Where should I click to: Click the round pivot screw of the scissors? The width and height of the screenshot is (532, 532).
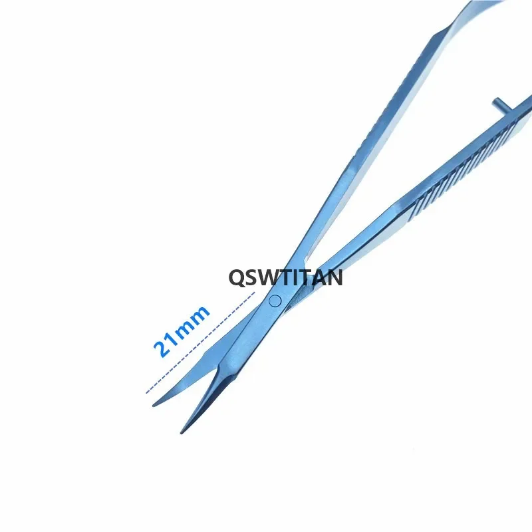tap(275, 301)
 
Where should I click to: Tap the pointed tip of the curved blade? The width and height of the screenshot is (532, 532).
tap(155, 404)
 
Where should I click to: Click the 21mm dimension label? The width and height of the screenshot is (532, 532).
tap(182, 331)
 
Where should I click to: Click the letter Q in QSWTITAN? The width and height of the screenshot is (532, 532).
tap(237, 277)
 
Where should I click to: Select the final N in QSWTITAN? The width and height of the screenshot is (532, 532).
tap(334, 277)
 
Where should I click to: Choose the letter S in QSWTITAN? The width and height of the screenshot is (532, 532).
tap(253, 277)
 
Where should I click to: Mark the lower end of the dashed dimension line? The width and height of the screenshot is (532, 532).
tap(146, 392)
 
